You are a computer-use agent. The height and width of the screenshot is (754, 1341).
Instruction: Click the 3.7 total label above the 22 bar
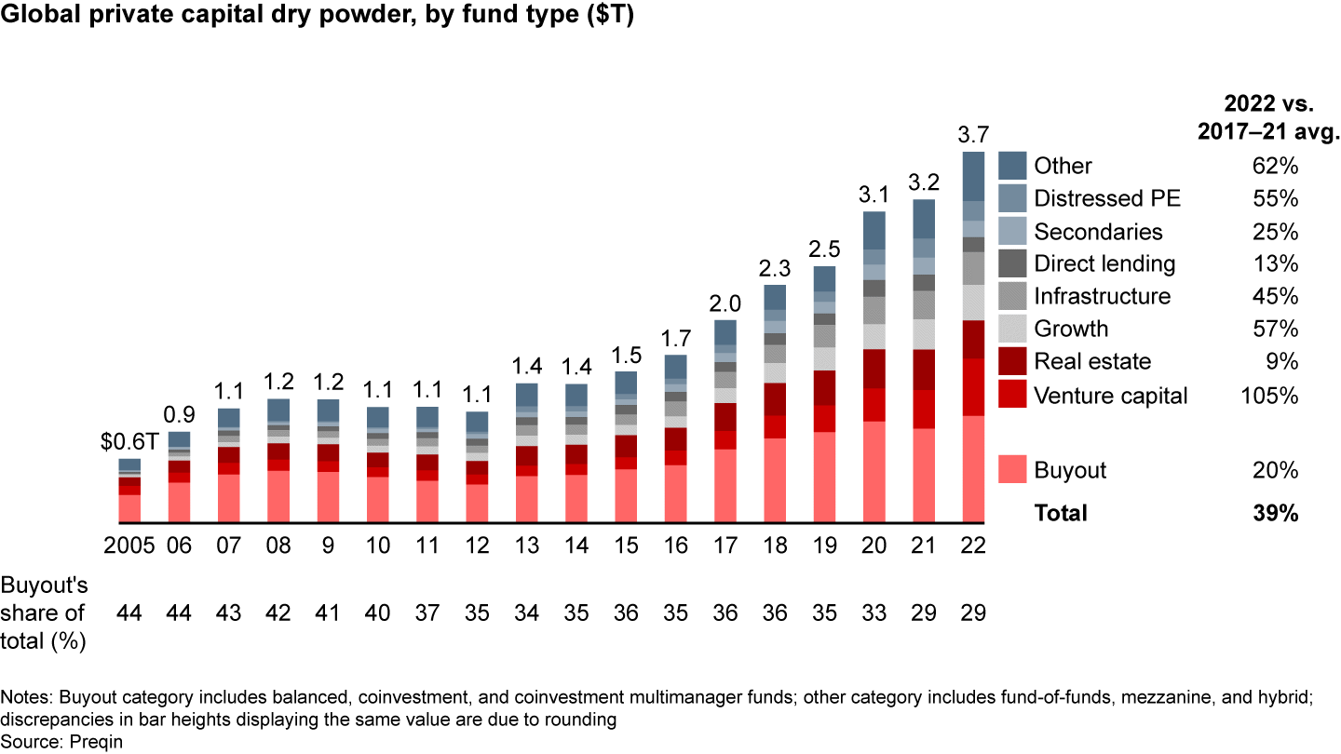tap(973, 135)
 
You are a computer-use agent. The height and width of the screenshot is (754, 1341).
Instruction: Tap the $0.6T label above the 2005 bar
tap(129, 443)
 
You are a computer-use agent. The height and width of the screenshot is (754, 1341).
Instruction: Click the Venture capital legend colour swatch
tap(1013, 395)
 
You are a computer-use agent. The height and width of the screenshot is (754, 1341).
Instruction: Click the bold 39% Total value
tap(1276, 512)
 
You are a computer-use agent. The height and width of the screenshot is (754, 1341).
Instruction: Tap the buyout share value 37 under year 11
tap(427, 613)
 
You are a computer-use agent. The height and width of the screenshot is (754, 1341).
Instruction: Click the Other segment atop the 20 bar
tap(874, 230)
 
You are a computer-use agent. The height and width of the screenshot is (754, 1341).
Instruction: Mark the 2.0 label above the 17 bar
tap(725, 303)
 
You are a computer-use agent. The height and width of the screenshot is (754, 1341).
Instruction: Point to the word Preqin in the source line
tap(96, 742)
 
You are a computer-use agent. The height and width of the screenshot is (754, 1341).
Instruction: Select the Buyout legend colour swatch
tap(1013, 469)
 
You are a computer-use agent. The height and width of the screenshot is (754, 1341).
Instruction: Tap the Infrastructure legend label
tap(1102, 296)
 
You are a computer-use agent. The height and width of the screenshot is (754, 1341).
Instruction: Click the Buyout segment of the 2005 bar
tap(129, 508)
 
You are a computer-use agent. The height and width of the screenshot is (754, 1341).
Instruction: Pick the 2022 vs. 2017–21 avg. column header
tap(1267, 116)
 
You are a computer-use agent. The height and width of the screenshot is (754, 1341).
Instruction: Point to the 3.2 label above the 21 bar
tap(924, 183)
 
